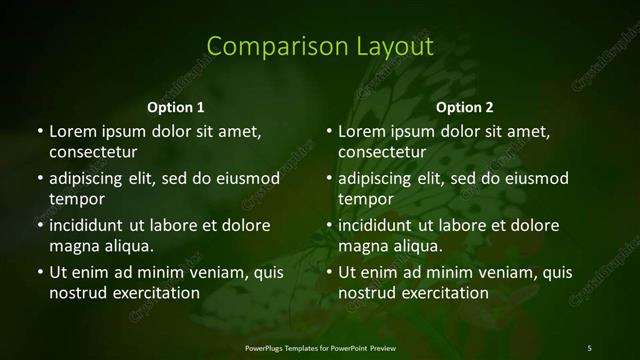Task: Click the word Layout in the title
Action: click(x=393, y=47)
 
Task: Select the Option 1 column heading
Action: click(x=176, y=107)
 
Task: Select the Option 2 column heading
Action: click(x=465, y=107)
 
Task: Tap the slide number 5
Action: click(x=589, y=347)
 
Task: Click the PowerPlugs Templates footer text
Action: click(x=320, y=347)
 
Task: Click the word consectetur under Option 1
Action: click(x=92, y=152)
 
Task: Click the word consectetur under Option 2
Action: click(x=382, y=152)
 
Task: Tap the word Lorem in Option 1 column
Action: click(x=71, y=131)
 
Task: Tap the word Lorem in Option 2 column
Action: click(x=361, y=131)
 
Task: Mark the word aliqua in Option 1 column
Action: click(x=129, y=246)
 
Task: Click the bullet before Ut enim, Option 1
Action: click(x=39, y=272)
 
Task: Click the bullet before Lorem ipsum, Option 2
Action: click(x=329, y=131)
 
